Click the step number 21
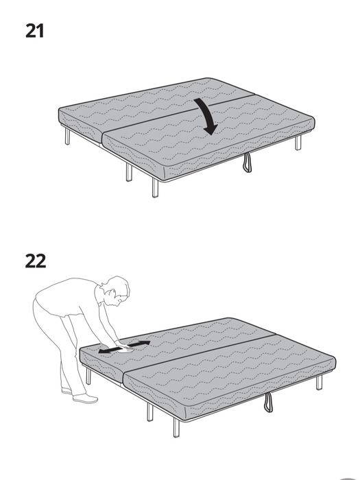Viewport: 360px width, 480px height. [x=34, y=30]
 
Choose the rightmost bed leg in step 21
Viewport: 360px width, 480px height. [x=298, y=142]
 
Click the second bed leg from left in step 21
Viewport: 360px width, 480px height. [x=128, y=171]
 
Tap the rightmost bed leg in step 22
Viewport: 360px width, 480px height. [x=319, y=381]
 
